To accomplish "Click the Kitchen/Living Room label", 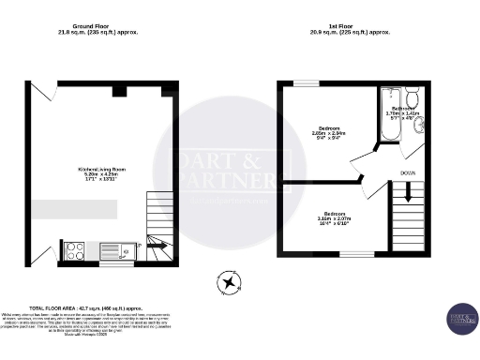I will [x=101, y=173].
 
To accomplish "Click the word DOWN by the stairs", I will [x=408, y=173].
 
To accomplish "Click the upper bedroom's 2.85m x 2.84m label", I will [x=329, y=133].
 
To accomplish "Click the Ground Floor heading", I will [x=97, y=29].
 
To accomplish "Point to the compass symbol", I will [x=227, y=281].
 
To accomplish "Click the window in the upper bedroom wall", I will [x=306, y=83].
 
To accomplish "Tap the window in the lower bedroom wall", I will [x=355, y=254].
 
